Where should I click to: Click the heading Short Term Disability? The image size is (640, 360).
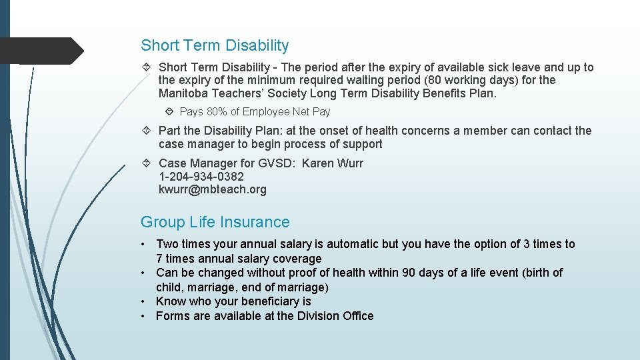pyautogui.click(x=215, y=46)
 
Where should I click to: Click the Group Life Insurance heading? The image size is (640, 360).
pyautogui.click(x=215, y=222)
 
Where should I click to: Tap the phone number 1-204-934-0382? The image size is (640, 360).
pyautogui.click(x=201, y=177)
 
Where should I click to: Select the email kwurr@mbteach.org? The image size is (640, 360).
pyautogui.click(x=212, y=189)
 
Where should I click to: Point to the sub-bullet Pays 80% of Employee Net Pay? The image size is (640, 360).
pyautogui.click(x=255, y=112)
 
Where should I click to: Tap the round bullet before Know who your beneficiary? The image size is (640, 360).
pyautogui.click(x=143, y=301)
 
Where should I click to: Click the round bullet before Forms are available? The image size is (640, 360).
pyautogui.click(x=143, y=316)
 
